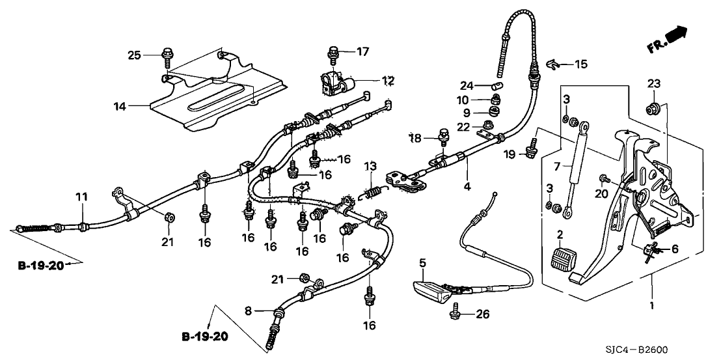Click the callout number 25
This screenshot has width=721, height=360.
point(133,55)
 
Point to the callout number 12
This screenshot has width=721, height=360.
point(388,81)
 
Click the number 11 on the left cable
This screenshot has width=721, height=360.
point(80,197)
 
